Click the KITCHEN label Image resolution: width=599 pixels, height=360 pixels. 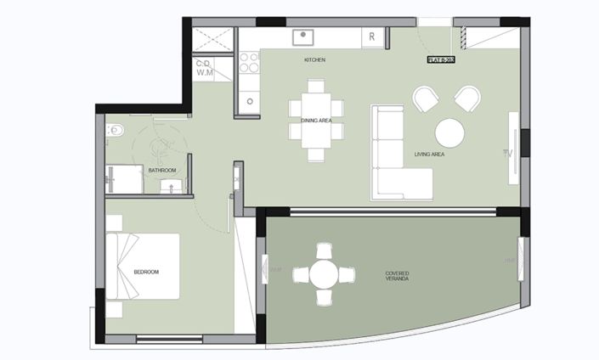tap(315, 60)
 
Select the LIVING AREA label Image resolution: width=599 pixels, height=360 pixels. tap(429, 155)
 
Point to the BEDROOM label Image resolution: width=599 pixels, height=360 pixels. tap(146, 272)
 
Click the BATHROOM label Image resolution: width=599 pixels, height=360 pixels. tap(162, 171)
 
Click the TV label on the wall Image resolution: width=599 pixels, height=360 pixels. tap(507, 154)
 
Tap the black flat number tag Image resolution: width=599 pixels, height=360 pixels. tap(442, 59)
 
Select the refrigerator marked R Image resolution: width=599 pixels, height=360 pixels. tap(372, 37)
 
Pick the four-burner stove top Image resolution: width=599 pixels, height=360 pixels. tap(249, 62)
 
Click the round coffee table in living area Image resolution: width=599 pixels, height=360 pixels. tap(449, 132)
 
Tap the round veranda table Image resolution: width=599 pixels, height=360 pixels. tap(324, 274)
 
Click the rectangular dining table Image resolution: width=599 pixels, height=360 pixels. tap(316, 120)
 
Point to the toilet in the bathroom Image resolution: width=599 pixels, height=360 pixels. tap(116, 130)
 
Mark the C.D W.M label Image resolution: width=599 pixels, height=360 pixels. tap(204, 69)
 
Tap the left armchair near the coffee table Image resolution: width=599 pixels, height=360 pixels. tap(427, 99)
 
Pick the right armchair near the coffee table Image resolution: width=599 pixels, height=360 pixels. tap(466, 99)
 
